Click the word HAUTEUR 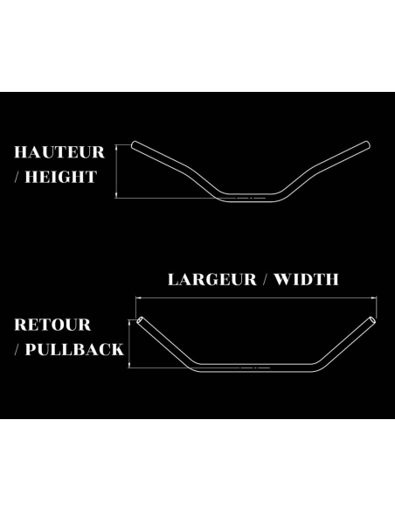[x=59, y=152]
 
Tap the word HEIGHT [x=61, y=177]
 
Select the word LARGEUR [x=212, y=280]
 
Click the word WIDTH [x=306, y=280]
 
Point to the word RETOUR [x=52, y=325]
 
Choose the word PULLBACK [x=74, y=349]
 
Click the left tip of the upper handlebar [x=134, y=145]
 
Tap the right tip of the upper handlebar [x=368, y=145]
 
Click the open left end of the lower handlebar [x=139, y=320]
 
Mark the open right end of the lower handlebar [x=372, y=320]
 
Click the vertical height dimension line [x=116, y=171]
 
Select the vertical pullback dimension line [x=129, y=344]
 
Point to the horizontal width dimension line [x=256, y=297]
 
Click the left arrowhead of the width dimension [x=138, y=297]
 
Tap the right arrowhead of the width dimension [x=375, y=297]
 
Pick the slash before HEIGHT [x=17, y=177]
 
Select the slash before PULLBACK [x=17, y=349]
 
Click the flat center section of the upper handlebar [x=251, y=198]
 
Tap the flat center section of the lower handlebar [x=256, y=367]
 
